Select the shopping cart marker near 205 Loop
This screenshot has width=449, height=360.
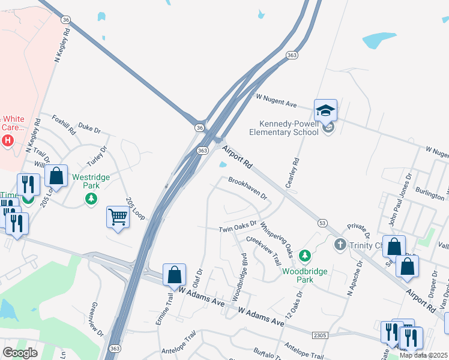[x=118, y=217]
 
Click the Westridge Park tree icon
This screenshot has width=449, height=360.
[x=91, y=198]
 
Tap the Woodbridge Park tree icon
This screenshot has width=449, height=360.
[x=305, y=256]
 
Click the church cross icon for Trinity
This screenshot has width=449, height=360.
[x=340, y=244]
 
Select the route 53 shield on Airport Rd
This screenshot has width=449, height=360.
[x=322, y=223]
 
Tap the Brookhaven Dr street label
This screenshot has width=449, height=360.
[x=247, y=188]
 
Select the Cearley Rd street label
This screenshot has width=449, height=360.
[x=292, y=173]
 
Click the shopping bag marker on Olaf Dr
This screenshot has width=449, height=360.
[x=174, y=275]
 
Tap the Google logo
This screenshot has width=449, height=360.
[x=20, y=352]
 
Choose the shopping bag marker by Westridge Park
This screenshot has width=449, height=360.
[x=56, y=176]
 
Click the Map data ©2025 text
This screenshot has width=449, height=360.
[x=424, y=355]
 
